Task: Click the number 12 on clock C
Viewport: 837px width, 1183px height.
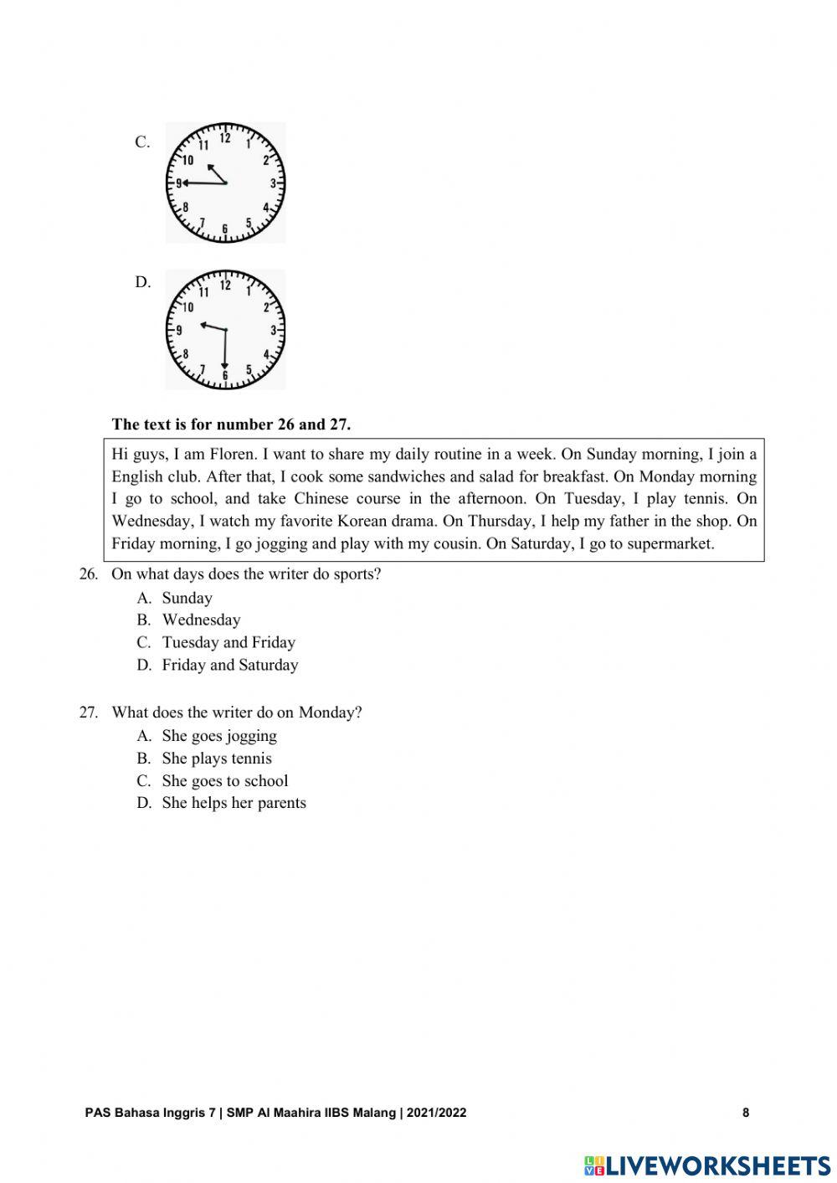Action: coord(225,136)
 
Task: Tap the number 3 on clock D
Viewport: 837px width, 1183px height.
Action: coord(273,331)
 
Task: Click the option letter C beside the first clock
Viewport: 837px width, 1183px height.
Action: coord(142,141)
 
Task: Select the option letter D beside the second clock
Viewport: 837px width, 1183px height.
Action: coord(143,282)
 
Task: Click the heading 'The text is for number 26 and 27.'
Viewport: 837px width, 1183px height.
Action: coord(231,424)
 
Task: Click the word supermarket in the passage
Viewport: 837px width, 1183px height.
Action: coord(671,543)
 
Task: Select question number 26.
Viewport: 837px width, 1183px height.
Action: coord(89,574)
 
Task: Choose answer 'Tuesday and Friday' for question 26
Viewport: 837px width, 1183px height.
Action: coord(229,642)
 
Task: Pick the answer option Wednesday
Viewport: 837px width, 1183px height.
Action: coord(201,620)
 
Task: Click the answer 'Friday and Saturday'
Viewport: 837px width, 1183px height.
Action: coord(229,665)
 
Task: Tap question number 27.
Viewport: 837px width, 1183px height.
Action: coord(89,712)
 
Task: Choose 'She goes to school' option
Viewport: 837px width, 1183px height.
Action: coord(224,780)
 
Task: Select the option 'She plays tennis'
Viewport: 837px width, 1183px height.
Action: coord(217,759)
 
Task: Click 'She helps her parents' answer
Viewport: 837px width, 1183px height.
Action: coord(234,803)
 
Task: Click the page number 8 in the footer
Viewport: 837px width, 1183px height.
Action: coord(745,1113)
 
